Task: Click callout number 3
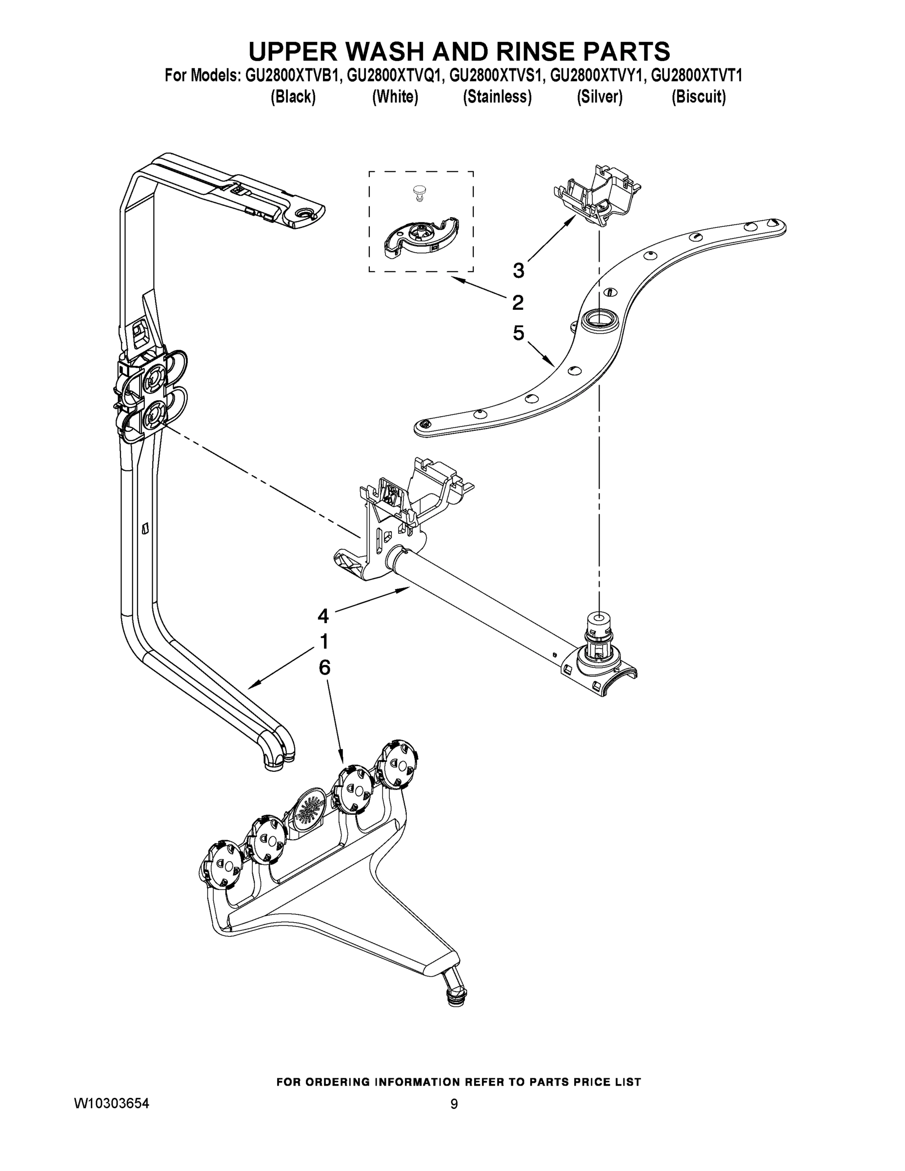click(x=518, y=271)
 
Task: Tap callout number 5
click(x=518, y=334)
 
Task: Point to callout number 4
click(x=323, y=616)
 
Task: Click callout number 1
click(x=324, y=641)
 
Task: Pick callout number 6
click(x=324, y=667)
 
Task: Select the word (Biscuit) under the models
click(x=699, y=97)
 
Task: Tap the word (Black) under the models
click(x=293, y=97)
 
